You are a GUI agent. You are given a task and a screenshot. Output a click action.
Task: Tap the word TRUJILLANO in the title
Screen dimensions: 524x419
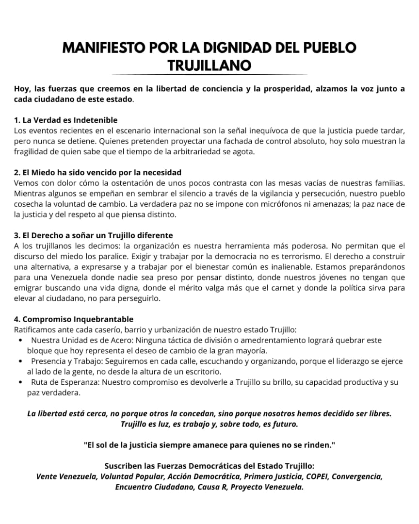pyautogui.click(x=209, y=65)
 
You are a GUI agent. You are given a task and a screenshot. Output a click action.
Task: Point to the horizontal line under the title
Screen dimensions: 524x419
pyautogui.click(x=209, y=74)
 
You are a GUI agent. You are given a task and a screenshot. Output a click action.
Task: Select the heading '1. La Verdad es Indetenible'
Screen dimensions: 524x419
pyautogui.click(x=66, y=120)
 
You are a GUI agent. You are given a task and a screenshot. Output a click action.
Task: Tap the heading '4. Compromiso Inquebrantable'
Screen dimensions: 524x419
pyautogui.click(x=74, y=319)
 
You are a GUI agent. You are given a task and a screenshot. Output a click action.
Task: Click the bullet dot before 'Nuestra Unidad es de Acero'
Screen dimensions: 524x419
pyautogui.click(x=20, y=341)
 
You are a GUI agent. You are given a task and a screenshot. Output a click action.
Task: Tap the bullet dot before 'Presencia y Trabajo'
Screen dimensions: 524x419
pyautogui.click(x=20, y=361)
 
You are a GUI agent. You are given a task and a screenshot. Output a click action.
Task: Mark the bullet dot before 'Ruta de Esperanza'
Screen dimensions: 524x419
pyautogui.click(x=20, y=382)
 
